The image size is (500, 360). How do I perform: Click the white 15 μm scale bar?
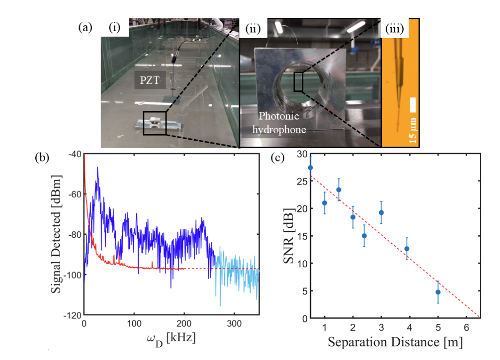tap(413, 105)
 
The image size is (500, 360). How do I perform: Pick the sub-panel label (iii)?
tap(395, 28)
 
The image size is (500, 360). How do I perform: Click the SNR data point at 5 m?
tap(438, 292)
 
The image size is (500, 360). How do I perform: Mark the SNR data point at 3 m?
tap(381, 212)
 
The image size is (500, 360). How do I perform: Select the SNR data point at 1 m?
tap(325, 203)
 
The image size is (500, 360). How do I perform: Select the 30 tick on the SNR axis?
tap(300, 154)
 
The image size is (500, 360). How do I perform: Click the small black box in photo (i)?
tap(154, 123)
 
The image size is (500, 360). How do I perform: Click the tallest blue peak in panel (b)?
tap(97, 168)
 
